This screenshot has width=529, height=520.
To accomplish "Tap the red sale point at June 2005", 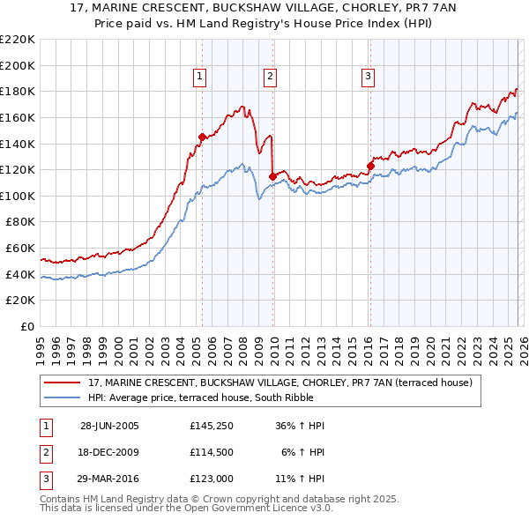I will [x=202, y=137].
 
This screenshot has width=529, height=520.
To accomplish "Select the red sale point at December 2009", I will [x=272, y=176].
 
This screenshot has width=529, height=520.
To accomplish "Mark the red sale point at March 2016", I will [x=370, y=166].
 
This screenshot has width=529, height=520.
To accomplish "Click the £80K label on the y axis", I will [x=20, y=222].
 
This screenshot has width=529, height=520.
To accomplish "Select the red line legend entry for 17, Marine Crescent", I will [x=280, y=383].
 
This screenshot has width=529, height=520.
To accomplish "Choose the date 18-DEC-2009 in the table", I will [x=109, y=452].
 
